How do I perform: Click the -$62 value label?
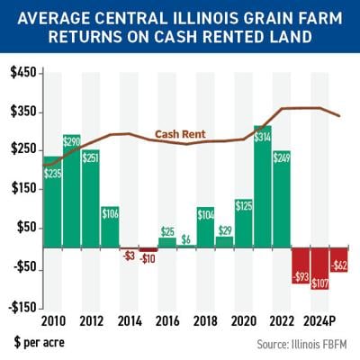pos(339,265)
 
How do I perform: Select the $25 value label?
pos(167,231)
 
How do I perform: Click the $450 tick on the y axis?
pos(22,74)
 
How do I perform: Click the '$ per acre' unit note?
pos(38,343)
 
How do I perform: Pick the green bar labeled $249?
pos(282,199)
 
